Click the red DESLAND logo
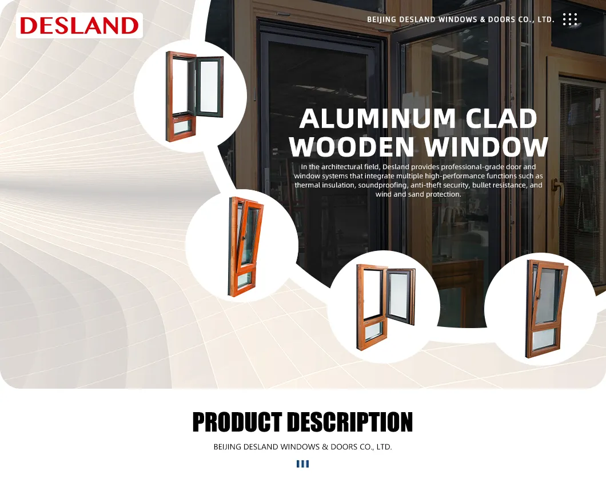79,26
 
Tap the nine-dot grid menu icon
570,19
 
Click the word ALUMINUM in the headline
377,119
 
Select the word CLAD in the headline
501,119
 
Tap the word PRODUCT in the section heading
236,423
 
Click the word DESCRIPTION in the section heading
349,423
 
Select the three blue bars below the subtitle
302,464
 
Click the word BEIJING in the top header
381,19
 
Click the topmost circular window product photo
191,97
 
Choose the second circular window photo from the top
242,246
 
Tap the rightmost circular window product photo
540,309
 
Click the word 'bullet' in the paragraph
481,185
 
